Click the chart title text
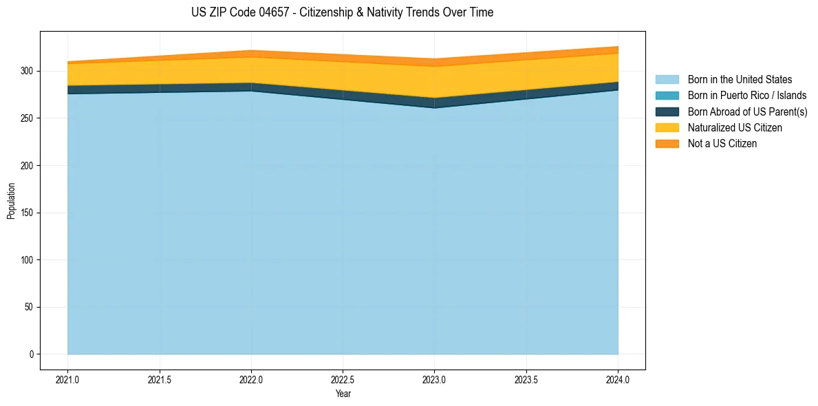(x=342, y=12)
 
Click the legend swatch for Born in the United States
(x=667, y=80)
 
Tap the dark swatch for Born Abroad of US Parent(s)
(x=667, y=111)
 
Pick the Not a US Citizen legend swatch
(x=667, y=144)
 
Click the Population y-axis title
(x=11, y=201)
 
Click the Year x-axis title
(x=343, y=394)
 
